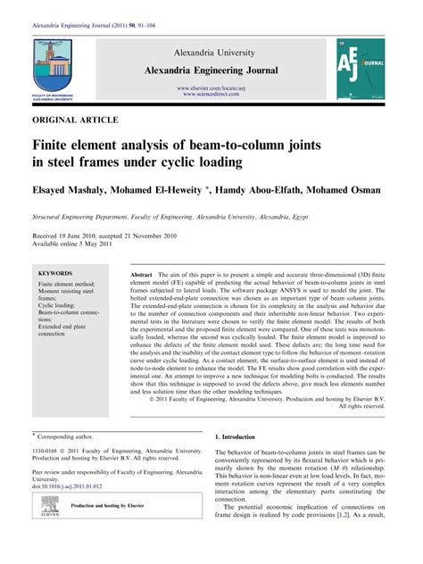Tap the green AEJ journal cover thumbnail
tap(361, 66)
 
